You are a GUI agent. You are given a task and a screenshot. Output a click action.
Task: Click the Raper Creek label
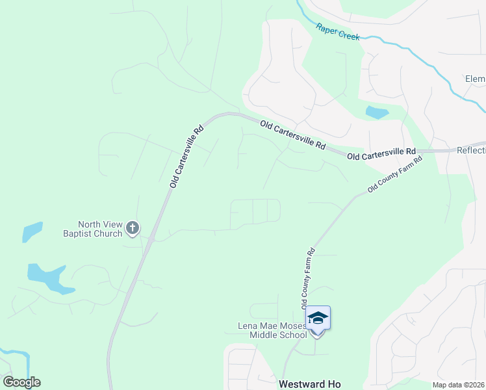pyautogui.click(x=338, y=32)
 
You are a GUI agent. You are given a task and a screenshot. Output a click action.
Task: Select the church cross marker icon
pyautogui.click(x=133, y=228)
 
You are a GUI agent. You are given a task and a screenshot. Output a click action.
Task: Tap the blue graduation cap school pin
pyautogui.click(x=318, y=318)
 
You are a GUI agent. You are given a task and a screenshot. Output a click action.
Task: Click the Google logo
pyautogui.click(x=21, y=382)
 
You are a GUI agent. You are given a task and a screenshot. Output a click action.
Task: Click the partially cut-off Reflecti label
pyautogui.click(x=471, y=151)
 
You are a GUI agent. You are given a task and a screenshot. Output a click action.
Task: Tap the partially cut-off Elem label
pyautogui.click(x=474, y=79)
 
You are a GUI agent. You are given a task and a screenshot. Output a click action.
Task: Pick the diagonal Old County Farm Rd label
pyautogui.click(x=395, y=174)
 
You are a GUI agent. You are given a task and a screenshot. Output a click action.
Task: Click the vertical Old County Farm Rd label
pyautogui.click(x=307, y=278)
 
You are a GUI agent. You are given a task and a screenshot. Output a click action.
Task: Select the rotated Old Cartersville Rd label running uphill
pyautogui.click(x=187, y=157)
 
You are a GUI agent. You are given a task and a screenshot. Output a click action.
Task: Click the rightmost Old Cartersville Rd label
pyautogui.click(x=381, y=154)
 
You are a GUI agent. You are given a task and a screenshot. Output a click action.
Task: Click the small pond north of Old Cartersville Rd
pyautogui.click(x=377, y=112)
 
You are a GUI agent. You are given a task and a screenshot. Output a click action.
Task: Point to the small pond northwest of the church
pyautogui.click(x=32, y=232)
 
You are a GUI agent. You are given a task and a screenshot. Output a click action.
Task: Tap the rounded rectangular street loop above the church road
pyautogui.click(x=255, y=211)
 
